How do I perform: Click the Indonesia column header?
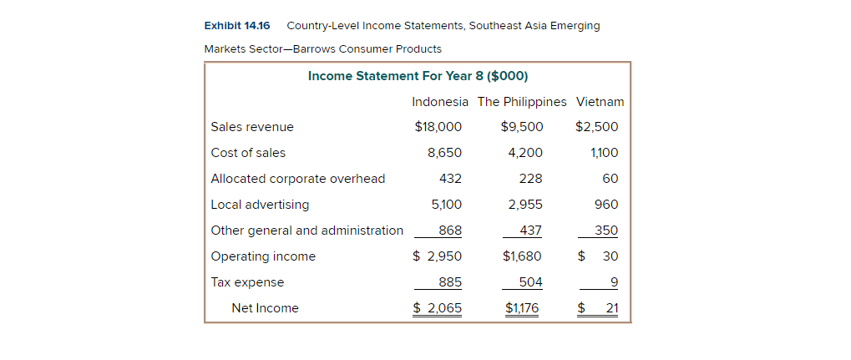[440, 102]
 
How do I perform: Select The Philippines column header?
[522, 102]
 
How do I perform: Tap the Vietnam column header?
[600, 102]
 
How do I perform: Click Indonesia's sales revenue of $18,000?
[438, 127]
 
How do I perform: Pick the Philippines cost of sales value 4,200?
[525, 153]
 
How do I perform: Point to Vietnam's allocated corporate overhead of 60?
[610, 179]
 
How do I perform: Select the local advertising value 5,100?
[445, 205]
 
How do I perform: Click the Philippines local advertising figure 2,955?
[525, 205]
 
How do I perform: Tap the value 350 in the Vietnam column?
[606, 231]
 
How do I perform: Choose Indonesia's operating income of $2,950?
[438, 256]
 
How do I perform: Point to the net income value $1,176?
[522, 308]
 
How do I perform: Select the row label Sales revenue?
[252, 127]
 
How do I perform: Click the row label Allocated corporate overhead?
[298, 179]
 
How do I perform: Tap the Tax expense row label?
[247, 282]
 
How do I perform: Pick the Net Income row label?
[265, 308]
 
